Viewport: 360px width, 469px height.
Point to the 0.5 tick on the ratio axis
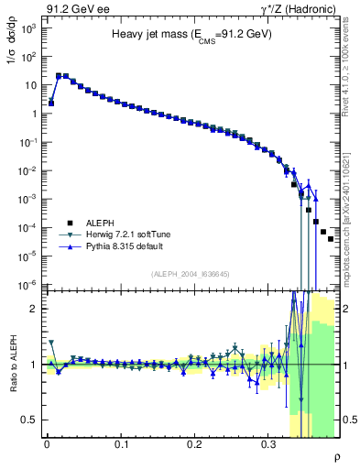click(x=31, y=420)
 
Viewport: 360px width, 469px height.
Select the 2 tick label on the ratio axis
click(x=35, y=309)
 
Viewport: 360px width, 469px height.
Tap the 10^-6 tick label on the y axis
click(x=27, y=284)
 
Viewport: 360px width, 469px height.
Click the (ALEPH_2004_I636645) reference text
click(x=191, y=275)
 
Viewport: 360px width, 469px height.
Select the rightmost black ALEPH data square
click(x=331, y=239)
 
